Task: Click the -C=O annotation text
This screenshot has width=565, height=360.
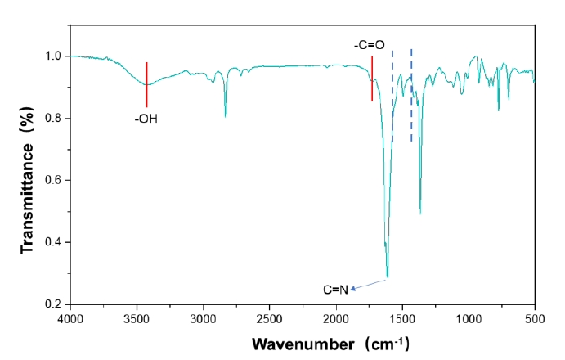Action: tap(369, 46)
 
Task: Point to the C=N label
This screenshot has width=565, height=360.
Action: tap(335, 289)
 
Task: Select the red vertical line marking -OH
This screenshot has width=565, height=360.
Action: tap(146, 84)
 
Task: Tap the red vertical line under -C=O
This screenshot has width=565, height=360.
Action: tap(372, 79)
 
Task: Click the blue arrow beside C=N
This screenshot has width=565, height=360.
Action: tap(369, 284)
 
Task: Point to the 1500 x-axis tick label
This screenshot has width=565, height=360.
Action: tap(401, 317)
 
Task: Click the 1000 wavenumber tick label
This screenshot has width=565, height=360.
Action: tap(468, 317)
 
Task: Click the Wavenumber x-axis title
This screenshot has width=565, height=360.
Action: tap(330, 342)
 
